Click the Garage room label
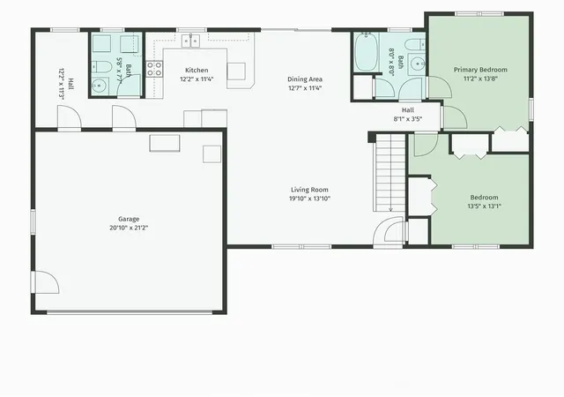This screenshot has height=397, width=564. pos(129,219)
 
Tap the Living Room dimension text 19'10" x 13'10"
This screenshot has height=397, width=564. pos(309,198)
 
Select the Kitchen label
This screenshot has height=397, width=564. pos(197,71)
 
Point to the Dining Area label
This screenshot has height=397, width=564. pos(305,79)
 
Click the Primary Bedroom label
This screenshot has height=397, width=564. pos(480,70)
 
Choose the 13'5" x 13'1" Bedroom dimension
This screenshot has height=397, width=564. pos(484,206)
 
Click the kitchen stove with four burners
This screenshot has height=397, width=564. pos(154,69)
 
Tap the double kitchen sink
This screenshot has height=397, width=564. pos(190,41)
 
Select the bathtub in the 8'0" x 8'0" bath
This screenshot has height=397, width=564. pos(366,51)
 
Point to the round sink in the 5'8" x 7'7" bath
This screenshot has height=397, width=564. pos(98,86)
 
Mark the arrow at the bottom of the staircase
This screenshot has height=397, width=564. pos(390,206)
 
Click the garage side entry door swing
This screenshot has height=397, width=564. pos(45,282)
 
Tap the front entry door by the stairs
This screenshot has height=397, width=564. pos(390,231)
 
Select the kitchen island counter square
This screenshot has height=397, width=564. pos(236,71)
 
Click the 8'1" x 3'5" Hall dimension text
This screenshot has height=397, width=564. pos(407,119)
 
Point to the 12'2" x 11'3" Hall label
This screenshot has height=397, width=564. pos(61,84)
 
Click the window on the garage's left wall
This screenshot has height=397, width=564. pos(33,222)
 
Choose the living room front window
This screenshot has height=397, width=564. pos(301,247)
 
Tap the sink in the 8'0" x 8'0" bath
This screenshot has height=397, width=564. pos(417,64)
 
